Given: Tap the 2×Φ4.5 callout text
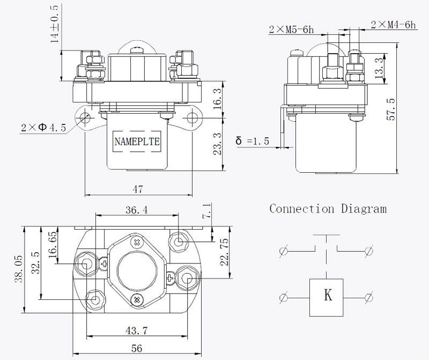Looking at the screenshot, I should click(x=43, y=128).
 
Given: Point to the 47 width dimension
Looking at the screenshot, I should click(x=138, y=188).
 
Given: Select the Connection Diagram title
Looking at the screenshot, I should click(x=328, y=209).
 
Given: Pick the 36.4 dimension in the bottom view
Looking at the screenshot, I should click(x=137, y=210).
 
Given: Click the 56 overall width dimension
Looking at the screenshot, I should click(x=137, y=348).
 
